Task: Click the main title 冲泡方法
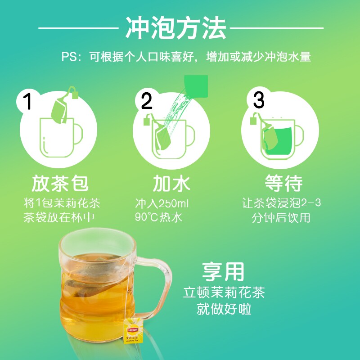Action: click(176, 28)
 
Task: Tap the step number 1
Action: click(28, 101)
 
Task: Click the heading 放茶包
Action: click(60, 183)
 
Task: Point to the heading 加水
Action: click(171, 183)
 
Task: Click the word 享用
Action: click(223, 272)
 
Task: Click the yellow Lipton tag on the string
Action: click(133, 331)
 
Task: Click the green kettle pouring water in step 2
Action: click(196, 86)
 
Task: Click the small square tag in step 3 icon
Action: click(253, 121)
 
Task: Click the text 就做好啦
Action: click(224, 309)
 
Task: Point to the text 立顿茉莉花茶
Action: click(224, 292)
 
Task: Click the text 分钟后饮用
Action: click(281, 218)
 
